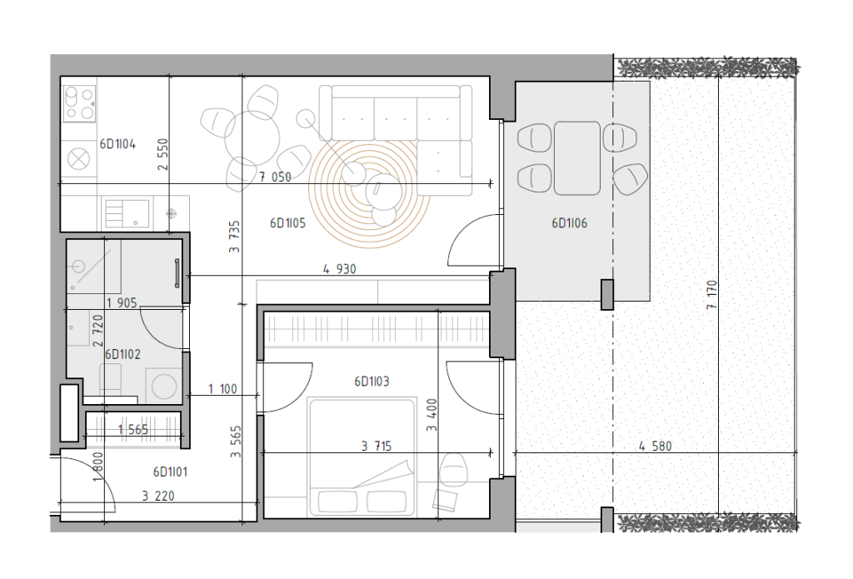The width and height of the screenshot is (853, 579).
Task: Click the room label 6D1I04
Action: pyautogui.click(x=117, y=144)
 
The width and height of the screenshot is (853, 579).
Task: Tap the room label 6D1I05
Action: pyautogui.click(x=287, y=223)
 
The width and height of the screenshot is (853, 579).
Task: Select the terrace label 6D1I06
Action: pyautogui.click(x=570, y=223)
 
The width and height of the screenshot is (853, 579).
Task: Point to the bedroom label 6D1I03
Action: pyautogui.click(x=372, y=382)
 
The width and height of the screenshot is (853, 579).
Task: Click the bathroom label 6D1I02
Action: pyautogui.click(x=123, y=355)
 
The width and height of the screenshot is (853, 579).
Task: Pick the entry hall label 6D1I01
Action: pyautogui.click(x=170, y=472)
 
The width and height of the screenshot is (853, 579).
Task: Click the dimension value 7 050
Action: pyautogui.click(x=275, y=177)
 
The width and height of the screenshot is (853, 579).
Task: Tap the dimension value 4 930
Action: pyautogui.click(x=340, y=269)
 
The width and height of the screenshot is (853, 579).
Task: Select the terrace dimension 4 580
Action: pyautogui.click(x=656, y=447)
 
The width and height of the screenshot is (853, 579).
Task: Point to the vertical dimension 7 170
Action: pyautogui.click(x=712, y=295)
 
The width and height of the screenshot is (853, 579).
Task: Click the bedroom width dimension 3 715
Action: pyautogui.click(x=377, y=447)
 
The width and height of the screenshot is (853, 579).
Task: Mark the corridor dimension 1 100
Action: pyautogui.click(x=223, y=389)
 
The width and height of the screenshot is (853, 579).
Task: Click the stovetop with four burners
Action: pyautogui.click(x=79, y=103)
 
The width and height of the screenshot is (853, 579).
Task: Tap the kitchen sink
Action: pyautogui.click(x=127, y=213)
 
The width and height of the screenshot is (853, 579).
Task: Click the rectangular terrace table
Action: pyautogui.click(x=577, y=157)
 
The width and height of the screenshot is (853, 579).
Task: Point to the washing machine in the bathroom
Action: pyautogui.click(x=164, y=387)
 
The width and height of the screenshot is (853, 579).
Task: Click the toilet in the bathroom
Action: pyautogui.click(x=111, y=379)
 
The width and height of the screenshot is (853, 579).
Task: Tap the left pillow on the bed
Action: pyautogui.click(x=337, y=502)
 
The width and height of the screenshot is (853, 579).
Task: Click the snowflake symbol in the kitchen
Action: pyautogui.click(x=172, y=213)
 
